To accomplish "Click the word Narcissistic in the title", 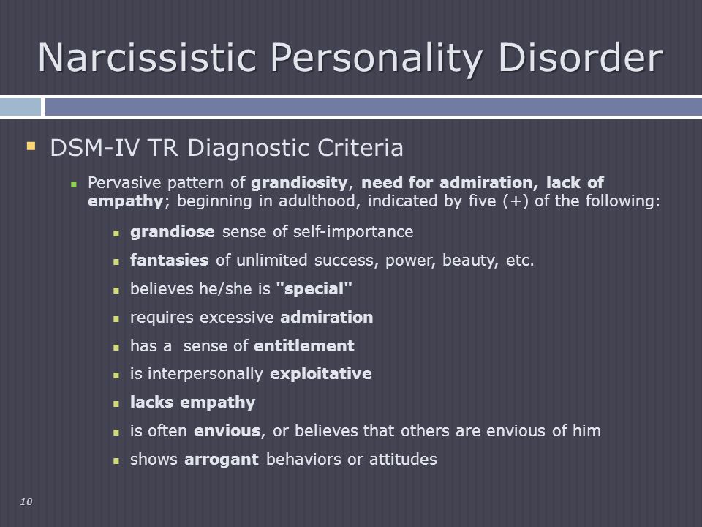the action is [x=147, y=57].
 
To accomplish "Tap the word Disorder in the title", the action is [x=580, y=57].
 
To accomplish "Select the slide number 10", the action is [x=26, y=501].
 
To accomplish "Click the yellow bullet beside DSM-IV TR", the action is [x=31, y=146].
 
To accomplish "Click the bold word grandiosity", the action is [x=299, y=183].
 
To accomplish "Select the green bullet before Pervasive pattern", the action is [x=74, y=184].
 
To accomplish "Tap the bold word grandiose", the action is [x=173, y=232].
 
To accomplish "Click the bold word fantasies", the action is [x=169, y=260].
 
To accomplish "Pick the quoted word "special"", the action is [x=314, y=289].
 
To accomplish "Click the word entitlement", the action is [x=304, y=345].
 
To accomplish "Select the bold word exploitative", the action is [x=321, y=374].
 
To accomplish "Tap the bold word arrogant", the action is [x=222, y=460].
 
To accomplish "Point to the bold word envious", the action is [x=227, y=430].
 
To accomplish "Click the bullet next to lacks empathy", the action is [x=116, y=404].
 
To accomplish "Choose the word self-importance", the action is [x=353, y=232].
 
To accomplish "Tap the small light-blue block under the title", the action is [x=20, y=107].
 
